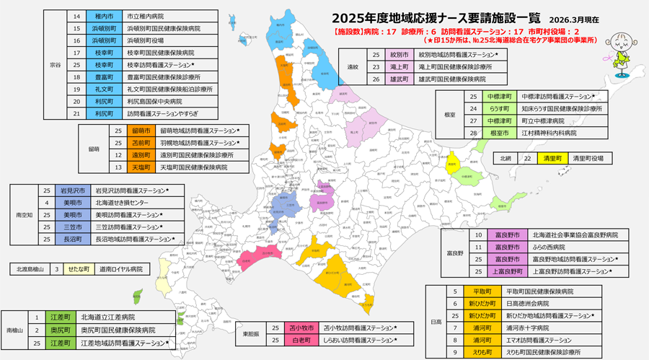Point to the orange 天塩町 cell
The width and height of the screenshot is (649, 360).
(141, 167)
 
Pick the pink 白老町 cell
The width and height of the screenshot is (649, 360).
(299, 339)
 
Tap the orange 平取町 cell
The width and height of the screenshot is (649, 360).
(482, 291)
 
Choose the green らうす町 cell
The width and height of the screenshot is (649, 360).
(498, 109)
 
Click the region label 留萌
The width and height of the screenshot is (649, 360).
(94, 149)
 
